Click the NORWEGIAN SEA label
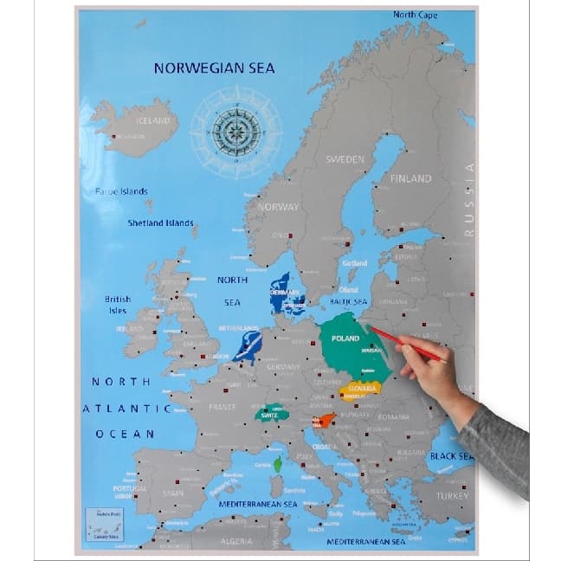(214, 68)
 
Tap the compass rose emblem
(235, 132)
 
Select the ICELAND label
(154, 120)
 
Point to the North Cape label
(415, 15)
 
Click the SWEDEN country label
(345, 159)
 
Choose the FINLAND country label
(409, 178)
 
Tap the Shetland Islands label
(160, 222)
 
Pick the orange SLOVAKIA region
(360, 390)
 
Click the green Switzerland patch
(270, 414)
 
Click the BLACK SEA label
(451, 456)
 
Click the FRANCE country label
(222, 406)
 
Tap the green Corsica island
(278, 466)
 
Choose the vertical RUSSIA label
(469, 200)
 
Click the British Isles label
(117, 304)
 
